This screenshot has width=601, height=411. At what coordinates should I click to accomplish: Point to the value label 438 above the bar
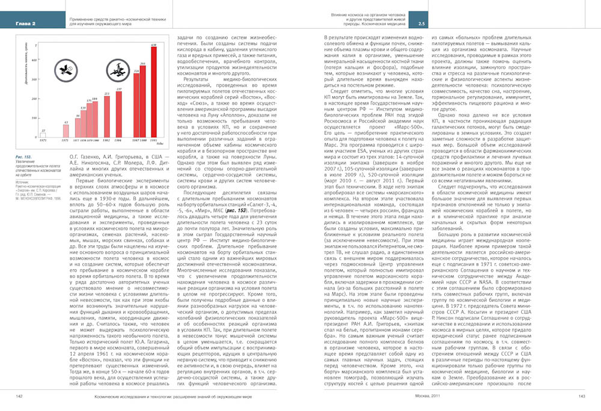click(153, 44)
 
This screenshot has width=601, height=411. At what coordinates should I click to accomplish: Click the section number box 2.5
click(422, 23)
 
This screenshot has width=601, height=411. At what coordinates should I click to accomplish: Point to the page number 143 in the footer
click(582, 396)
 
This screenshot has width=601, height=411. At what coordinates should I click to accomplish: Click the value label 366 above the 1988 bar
click(143, 63)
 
